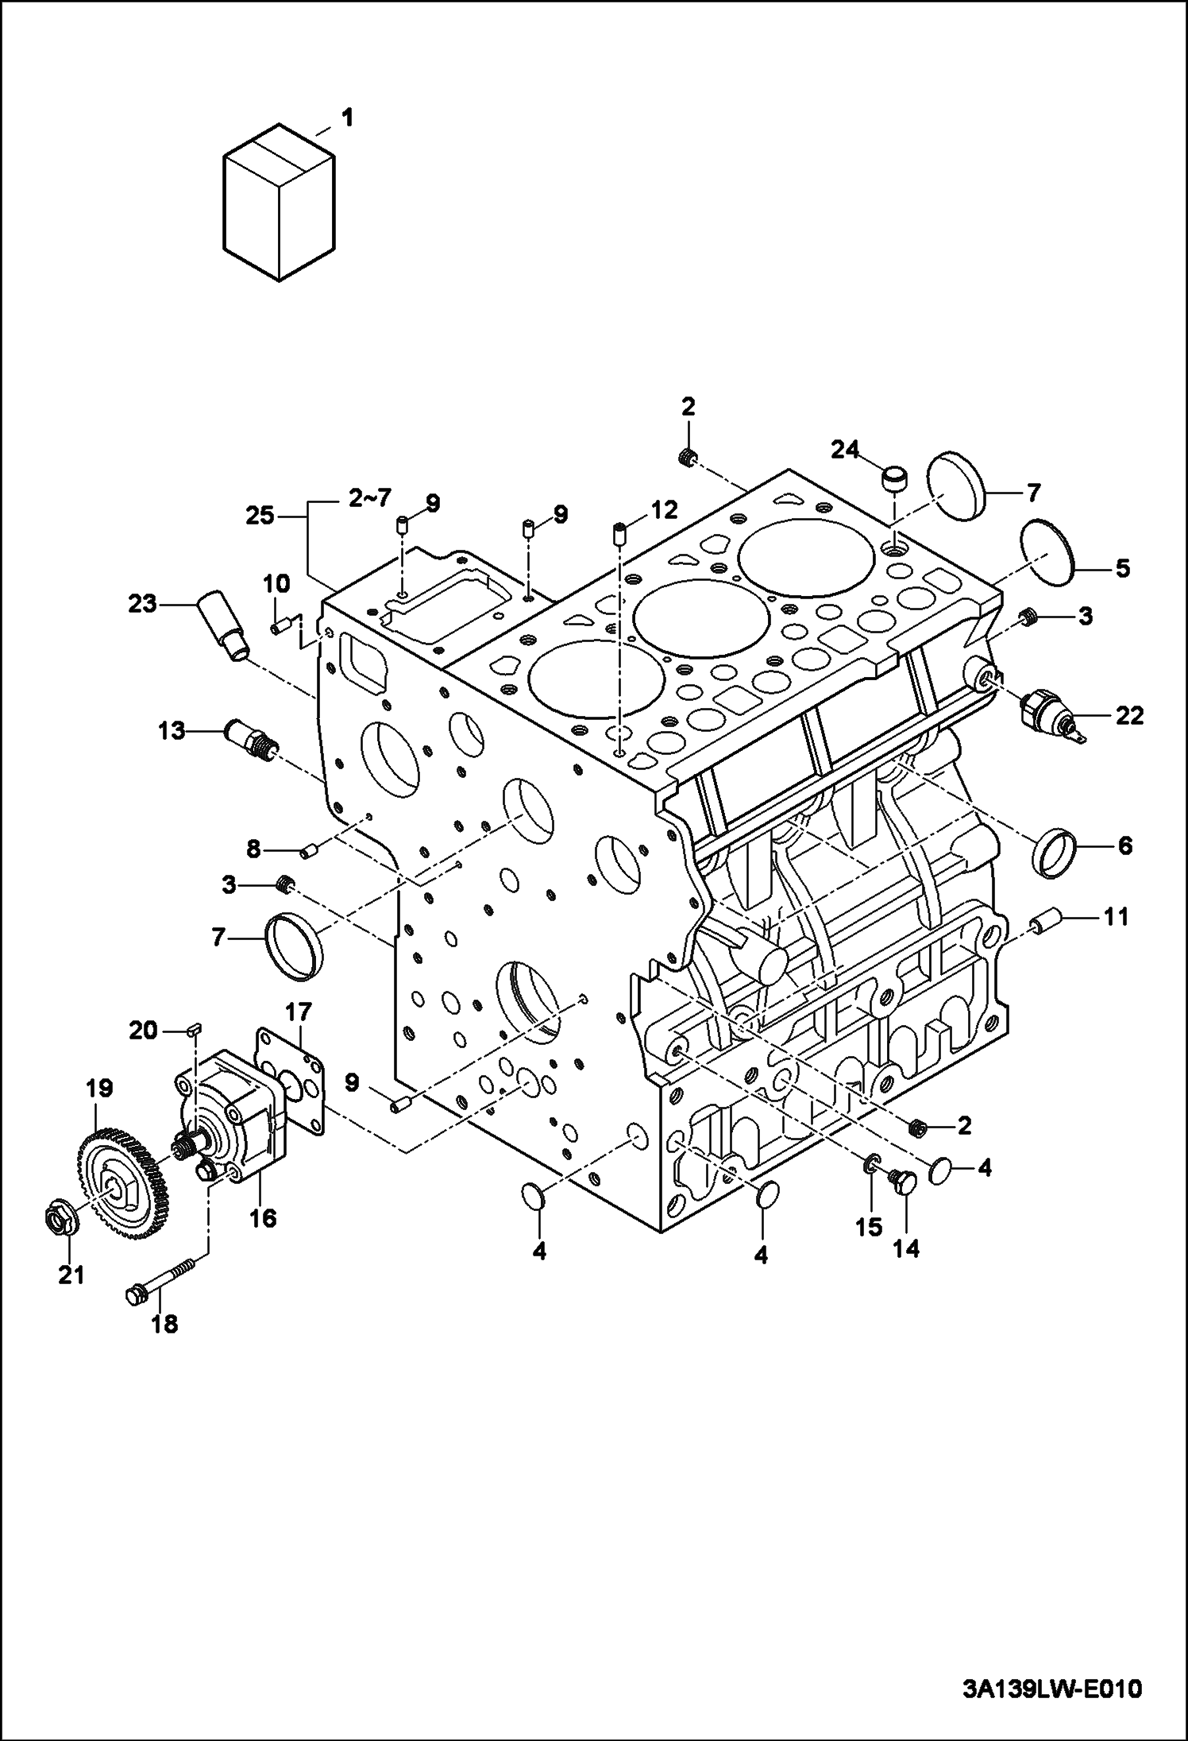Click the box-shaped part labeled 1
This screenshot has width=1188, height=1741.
[x=278, y=203]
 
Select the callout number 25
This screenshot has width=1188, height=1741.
[x=260, y=516]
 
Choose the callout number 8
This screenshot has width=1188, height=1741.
[x=253, y=849]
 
